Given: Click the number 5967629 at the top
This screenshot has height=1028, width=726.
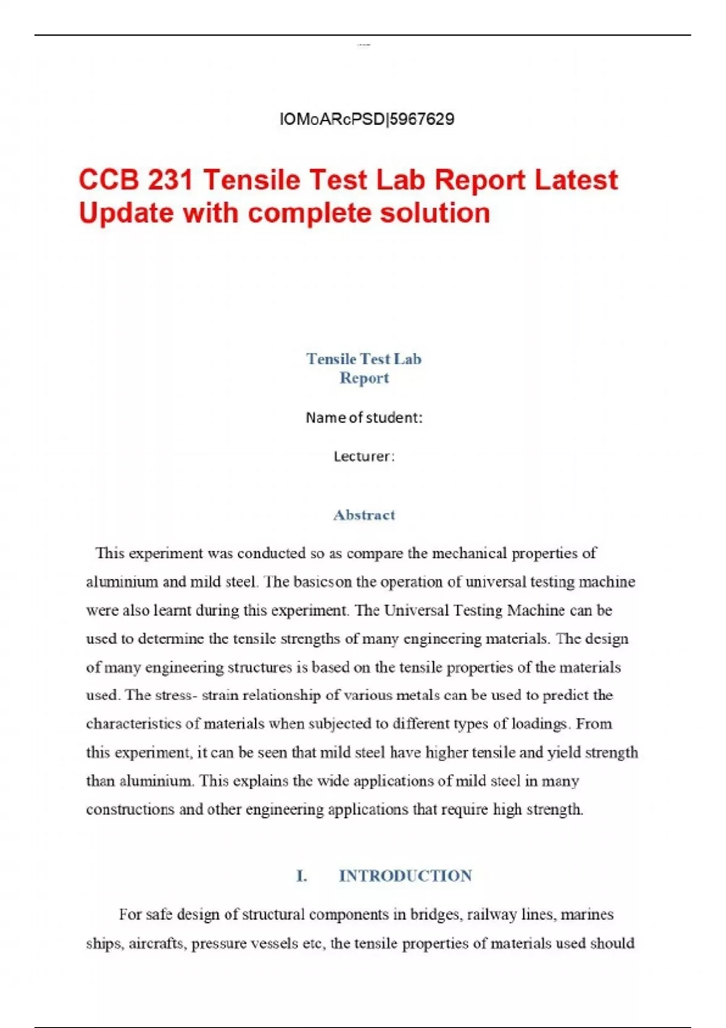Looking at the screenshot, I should click(422, 119).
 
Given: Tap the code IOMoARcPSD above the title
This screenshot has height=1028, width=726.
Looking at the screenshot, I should click(332, 119).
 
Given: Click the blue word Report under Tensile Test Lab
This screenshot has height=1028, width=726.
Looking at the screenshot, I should click(364, 378).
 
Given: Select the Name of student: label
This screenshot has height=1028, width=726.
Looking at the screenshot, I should click(364, 417).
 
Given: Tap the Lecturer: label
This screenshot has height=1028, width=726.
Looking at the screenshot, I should click(364, 456).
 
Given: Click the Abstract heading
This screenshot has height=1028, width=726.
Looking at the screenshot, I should click(364, 515).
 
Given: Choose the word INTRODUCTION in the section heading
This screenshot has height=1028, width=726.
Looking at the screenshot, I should click(405, 876).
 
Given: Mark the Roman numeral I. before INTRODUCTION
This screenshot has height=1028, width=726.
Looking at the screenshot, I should click(301, 876).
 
